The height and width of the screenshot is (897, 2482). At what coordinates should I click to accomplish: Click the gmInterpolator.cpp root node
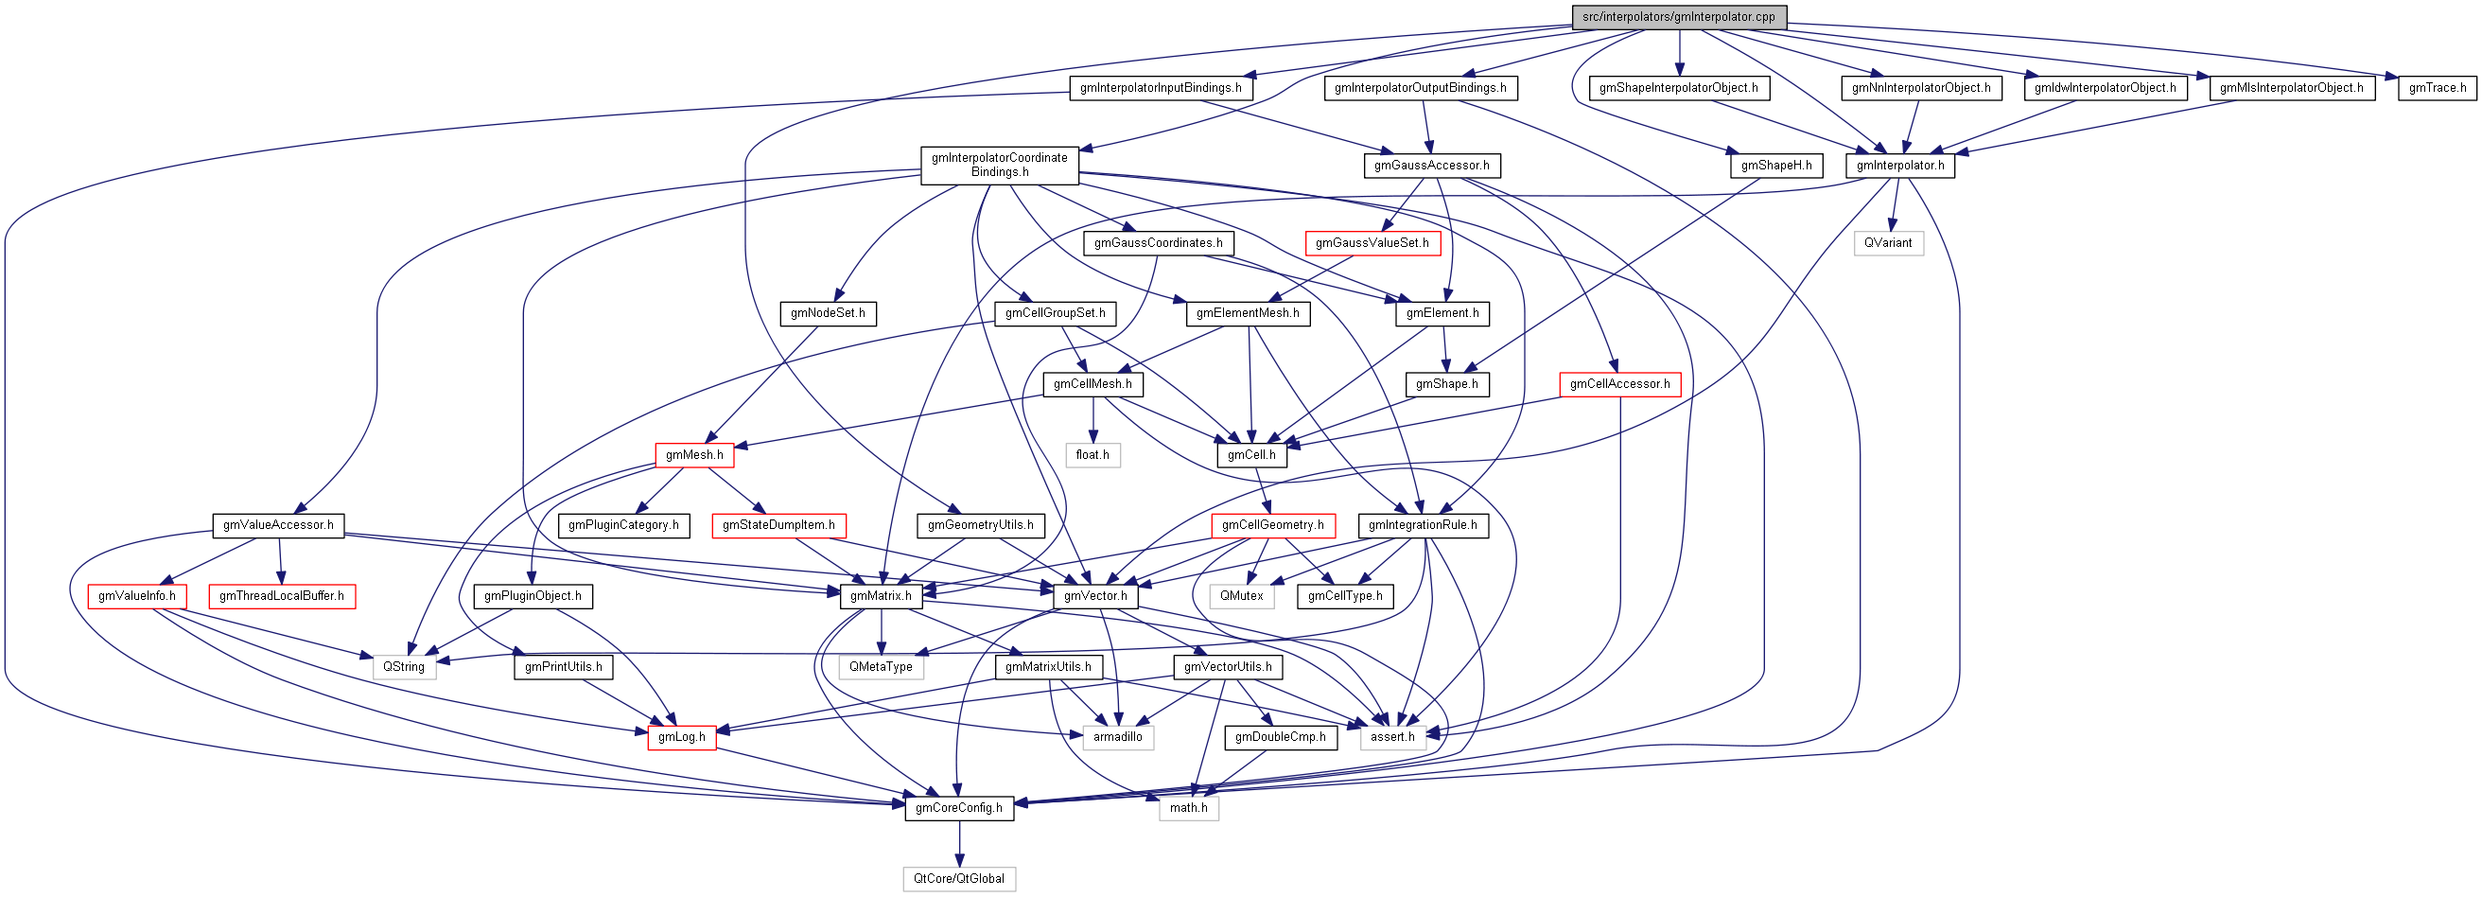[1678, 16]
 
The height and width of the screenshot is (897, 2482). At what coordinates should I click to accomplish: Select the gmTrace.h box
[2437, 88]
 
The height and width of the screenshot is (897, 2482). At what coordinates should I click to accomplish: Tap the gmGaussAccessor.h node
[1431, 166]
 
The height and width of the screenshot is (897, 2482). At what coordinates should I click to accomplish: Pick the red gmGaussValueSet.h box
[1372, 243]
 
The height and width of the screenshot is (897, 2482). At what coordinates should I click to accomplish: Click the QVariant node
[1888, 243]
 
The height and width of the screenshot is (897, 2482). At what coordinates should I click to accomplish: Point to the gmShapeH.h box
[1775, 166]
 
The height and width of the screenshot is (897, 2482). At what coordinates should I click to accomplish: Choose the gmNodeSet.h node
[827, 313]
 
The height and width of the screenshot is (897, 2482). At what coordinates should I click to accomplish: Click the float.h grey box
[1092, 455]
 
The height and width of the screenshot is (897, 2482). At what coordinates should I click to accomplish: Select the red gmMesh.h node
[693, 455]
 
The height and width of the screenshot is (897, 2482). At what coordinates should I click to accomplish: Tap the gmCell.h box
[1250, 455]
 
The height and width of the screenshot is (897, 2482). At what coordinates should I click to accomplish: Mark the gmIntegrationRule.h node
[1423, 525]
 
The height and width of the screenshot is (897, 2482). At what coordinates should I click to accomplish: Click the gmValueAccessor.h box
[277, 525]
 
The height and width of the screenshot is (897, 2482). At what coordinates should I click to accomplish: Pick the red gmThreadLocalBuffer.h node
[281, 596]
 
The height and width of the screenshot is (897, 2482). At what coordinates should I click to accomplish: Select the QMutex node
[1241, 596]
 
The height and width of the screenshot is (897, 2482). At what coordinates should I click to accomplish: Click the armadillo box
[1117, 737]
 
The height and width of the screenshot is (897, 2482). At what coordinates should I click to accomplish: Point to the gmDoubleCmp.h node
[1280, 737]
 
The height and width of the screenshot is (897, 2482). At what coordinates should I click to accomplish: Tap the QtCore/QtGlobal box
[958, 879]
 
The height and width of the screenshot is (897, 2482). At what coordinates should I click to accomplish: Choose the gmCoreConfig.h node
[958, 808]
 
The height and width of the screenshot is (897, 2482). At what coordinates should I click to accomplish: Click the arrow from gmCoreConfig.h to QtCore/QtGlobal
[959, 843]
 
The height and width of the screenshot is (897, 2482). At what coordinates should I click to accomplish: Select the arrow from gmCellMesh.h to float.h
[1092, 419]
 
